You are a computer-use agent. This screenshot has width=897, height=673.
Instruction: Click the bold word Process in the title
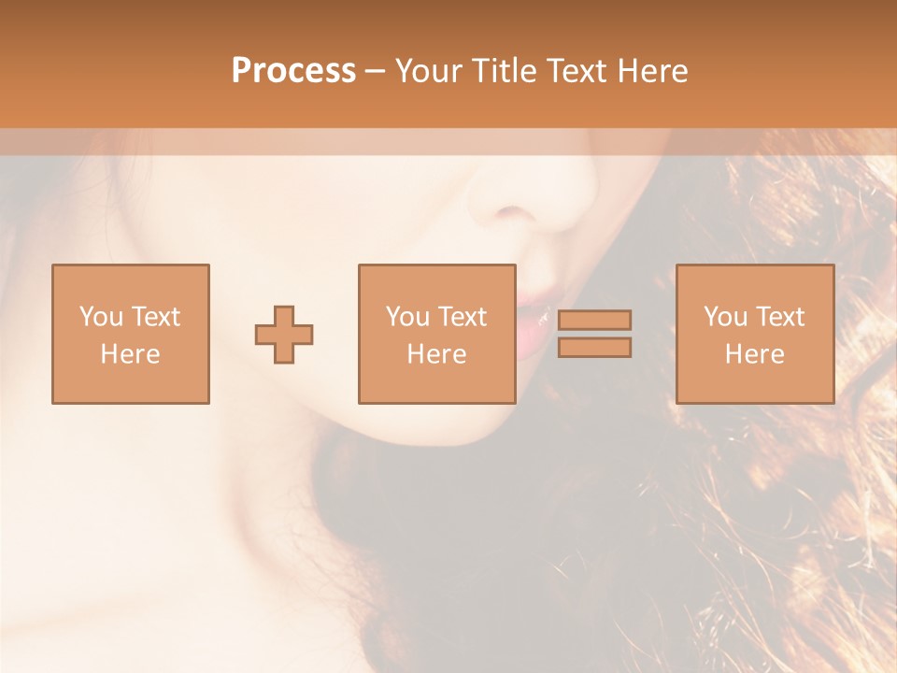(293, 71)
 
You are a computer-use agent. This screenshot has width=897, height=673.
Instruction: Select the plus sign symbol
(284, 334)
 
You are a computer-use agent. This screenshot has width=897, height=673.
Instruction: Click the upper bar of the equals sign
(594, 320)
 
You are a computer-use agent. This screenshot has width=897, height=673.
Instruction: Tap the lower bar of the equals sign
(594, 348)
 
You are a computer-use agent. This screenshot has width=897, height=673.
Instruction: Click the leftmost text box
(130, 334)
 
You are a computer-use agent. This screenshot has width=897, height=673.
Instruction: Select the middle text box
(436, 334)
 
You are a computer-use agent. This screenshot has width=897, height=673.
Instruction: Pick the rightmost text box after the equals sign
(754, 334)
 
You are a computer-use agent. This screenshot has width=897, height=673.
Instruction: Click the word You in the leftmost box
(101, 317)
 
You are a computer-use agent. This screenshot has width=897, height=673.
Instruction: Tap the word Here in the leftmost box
(130, 354)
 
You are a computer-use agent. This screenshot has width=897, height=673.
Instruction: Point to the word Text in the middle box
(462, 317)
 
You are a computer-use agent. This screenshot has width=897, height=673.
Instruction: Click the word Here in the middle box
(436, 354)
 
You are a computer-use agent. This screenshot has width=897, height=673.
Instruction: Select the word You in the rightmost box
(725, 317)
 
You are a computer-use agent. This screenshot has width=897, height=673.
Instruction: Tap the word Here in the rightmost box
(754, 354)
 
